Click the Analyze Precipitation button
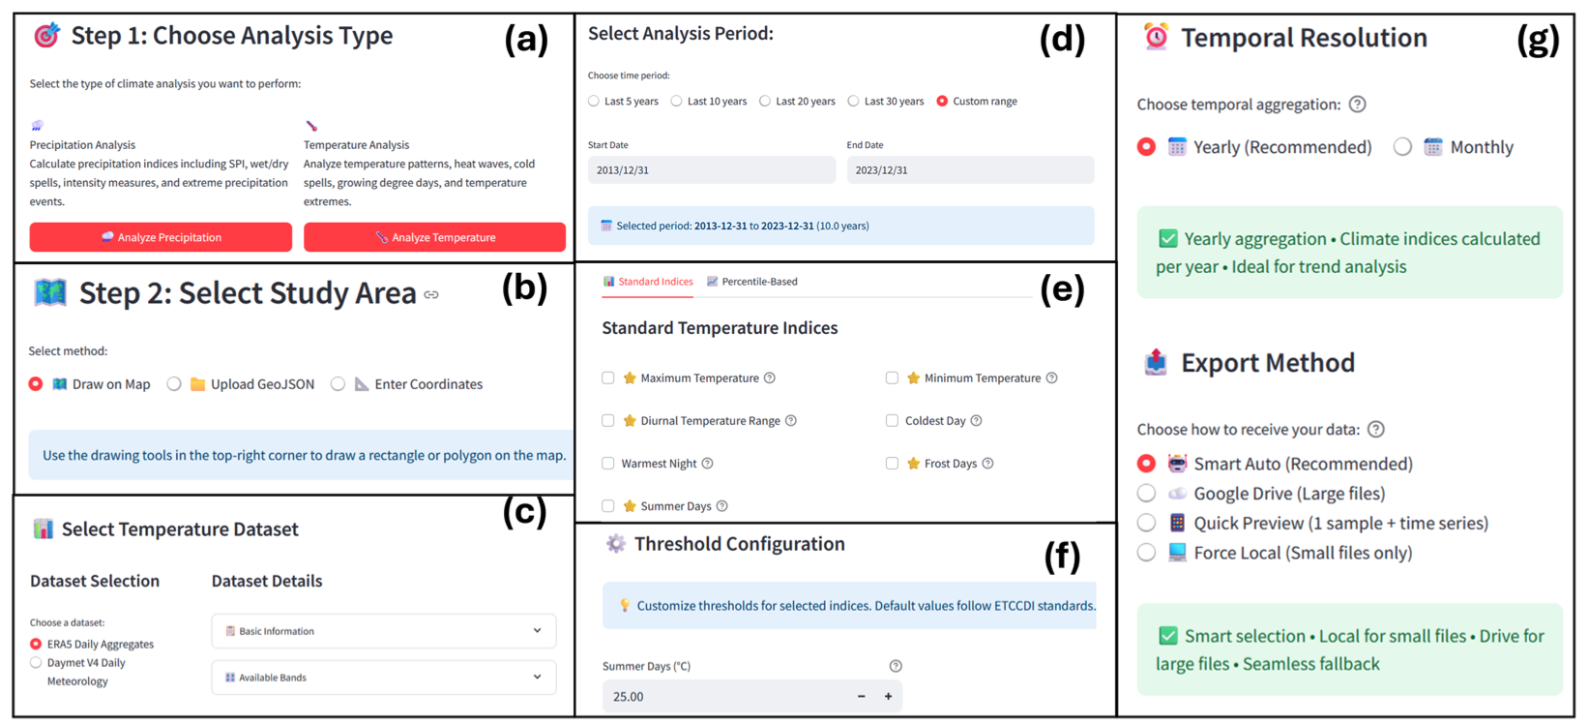(x=161, y=237)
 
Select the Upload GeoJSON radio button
(x=174, y=384)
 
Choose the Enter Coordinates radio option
(x=338, y=384)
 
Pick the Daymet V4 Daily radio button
(x=36, y=663)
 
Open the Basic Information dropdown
(x=384, y=631)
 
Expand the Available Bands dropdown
(x=384, y=678)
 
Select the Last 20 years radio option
(x=765, y=101)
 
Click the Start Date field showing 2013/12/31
(x=711, y=170)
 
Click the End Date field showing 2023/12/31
(x=970, y=170)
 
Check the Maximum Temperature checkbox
(x=608, y=378)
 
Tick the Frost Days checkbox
(x=892, y=464)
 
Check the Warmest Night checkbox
(x=608, y=464)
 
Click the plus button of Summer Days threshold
(x=888, y=696)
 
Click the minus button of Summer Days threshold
(x=861, y=696)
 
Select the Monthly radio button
(x=1402, y=147)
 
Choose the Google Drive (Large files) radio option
(x=1146, y=494)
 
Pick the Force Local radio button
(x=1146, y=553)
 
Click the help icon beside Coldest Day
(x=976, y=421)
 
